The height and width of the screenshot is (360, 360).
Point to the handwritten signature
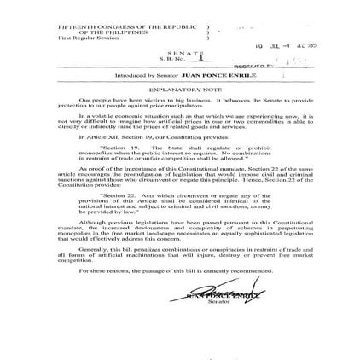tap(220, 293)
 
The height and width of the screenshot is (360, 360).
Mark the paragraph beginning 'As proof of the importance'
tap(178, 176)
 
